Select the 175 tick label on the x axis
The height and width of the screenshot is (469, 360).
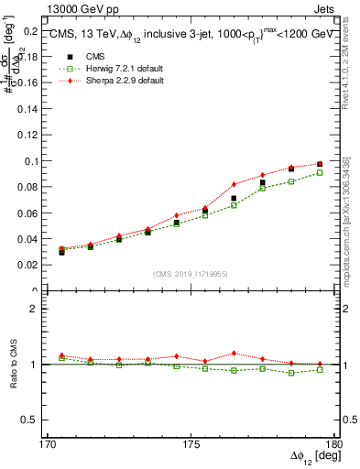click(x=191, y=444)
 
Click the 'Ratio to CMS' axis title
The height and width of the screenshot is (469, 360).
click(x=12, y=365)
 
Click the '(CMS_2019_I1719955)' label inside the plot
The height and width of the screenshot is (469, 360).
click(x=191, y=273)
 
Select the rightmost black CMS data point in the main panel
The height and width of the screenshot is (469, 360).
click(x=320, y=164)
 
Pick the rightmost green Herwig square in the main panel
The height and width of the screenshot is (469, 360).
click(x=320, y=172)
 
